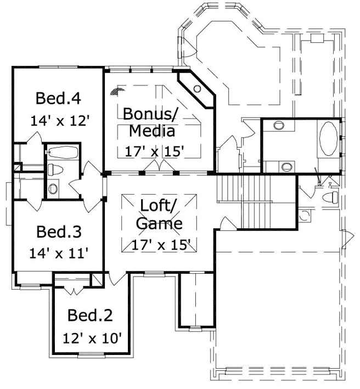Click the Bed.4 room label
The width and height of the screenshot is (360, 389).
[58, 99]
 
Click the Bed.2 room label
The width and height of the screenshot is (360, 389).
[90, 315]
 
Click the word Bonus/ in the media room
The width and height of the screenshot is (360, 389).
[149, 114]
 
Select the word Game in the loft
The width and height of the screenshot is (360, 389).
[159, 223]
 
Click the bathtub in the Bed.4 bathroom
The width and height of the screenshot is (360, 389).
[62, 151]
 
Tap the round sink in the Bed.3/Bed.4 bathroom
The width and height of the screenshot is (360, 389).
[53, 189]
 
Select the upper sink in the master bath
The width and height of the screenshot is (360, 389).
[278, 125]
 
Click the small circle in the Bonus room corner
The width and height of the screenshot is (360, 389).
[197, 89]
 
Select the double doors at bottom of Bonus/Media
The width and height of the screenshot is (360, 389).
[157, 167]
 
